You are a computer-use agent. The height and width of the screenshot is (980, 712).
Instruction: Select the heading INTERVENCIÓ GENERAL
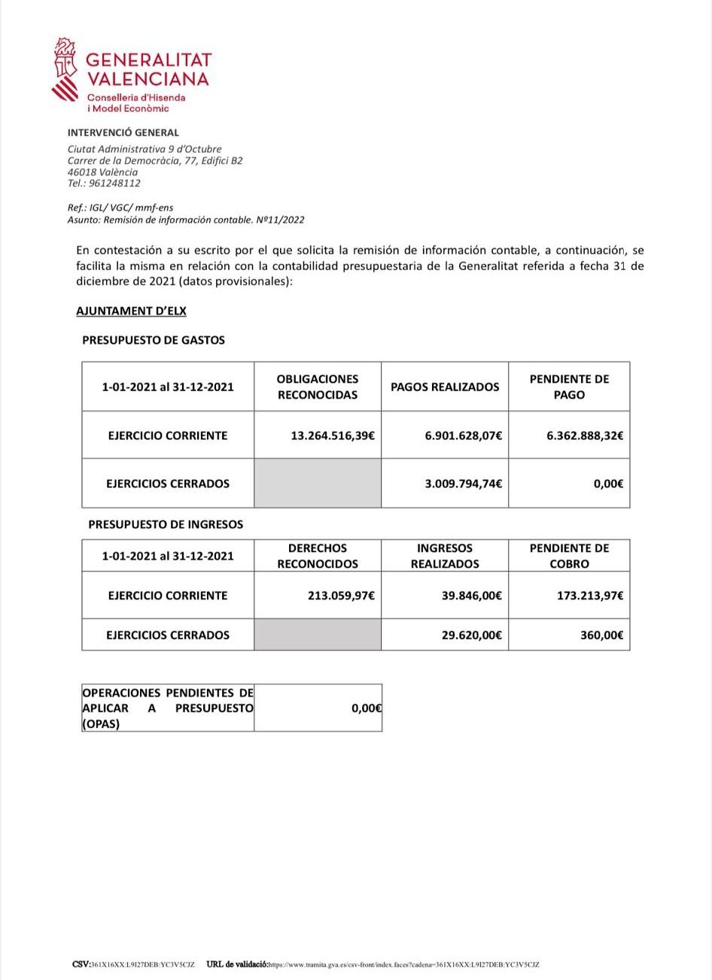(123, 132)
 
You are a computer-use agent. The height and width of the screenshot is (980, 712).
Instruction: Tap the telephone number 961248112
(114, 183)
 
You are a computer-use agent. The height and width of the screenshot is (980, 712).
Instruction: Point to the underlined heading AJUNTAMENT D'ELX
(131, 311)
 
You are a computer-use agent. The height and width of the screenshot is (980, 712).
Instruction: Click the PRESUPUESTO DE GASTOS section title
(154, 340)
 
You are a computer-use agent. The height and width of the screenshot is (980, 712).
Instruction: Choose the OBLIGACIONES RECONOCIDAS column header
(318, 387)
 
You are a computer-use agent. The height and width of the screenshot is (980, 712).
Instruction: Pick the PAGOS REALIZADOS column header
(445, 387)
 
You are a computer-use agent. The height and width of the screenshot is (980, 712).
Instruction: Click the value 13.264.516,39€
(333, 435)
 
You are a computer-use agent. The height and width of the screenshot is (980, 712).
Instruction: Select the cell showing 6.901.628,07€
(463, 435)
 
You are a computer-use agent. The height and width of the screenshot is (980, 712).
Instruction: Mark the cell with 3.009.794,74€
(463, 484)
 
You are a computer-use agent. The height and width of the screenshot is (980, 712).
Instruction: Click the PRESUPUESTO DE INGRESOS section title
(166, 524)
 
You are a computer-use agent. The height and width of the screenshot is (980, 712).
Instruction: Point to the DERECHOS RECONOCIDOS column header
(318, 556)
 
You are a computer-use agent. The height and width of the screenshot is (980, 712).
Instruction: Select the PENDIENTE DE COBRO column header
(569, 556)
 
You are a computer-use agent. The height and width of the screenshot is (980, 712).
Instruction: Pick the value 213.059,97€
(341, 596)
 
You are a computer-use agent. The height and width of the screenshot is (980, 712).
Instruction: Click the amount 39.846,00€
(471, 596)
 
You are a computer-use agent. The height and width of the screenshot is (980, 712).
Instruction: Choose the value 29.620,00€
(471, 635)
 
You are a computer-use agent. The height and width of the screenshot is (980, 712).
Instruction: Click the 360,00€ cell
(601, 635)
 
